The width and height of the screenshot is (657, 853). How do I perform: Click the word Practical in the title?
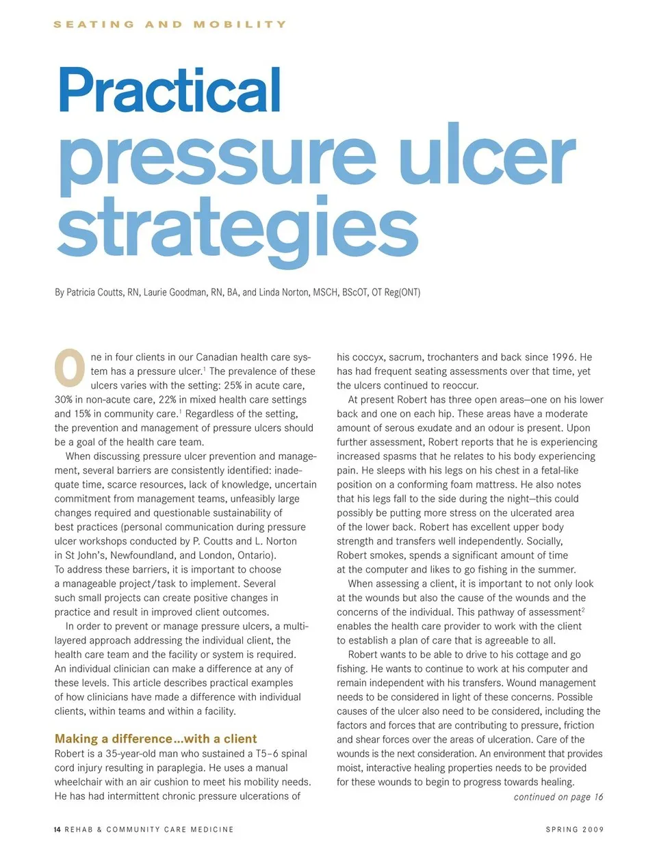pyautogui.click(x=170, y=90)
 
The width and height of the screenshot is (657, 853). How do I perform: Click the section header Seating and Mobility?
pyautogui.click(x=170, y=24)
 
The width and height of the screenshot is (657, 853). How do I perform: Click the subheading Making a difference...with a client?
pyautogui.click(x=155, y=739)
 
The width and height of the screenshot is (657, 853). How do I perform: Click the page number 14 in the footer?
pyautogui.click(x=57, y=830)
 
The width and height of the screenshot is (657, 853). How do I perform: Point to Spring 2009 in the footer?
pyautogui.click(x=574, y=830)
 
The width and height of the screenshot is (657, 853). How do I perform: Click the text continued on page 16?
pyautogui.click(x=558, y=797)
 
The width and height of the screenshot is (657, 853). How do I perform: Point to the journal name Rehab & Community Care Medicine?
pyautogui.click(x=149, y=830)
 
